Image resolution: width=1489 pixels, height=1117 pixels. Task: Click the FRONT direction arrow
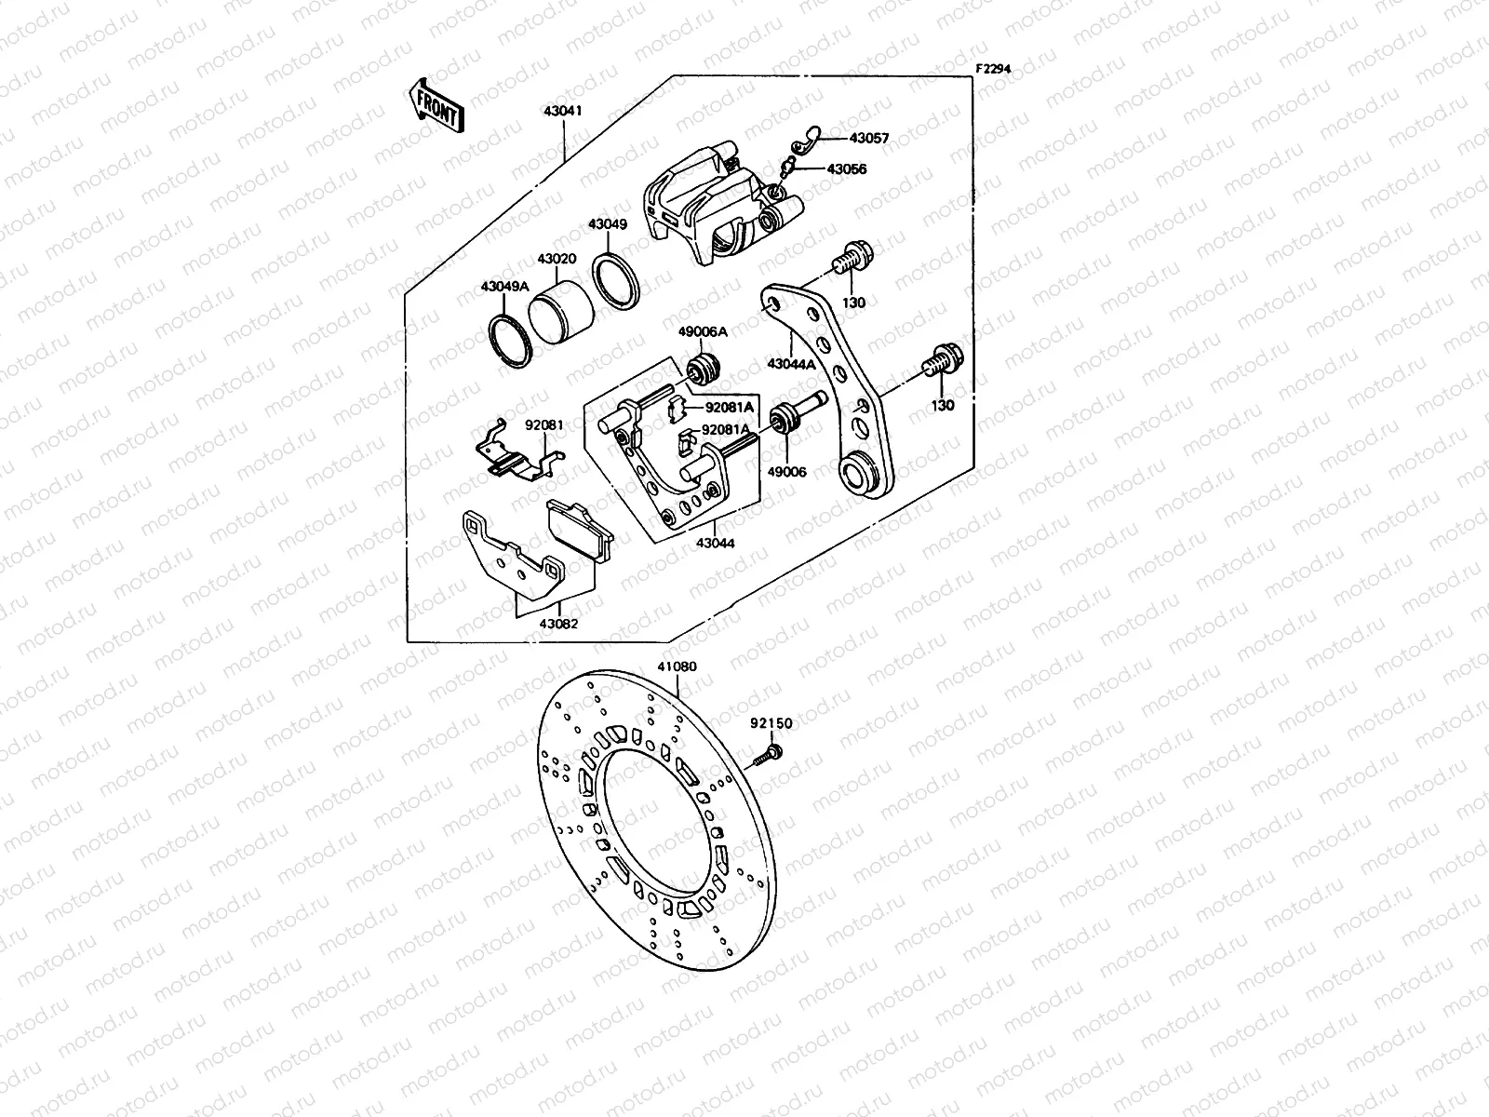pyautogui.click(x=436, y=104)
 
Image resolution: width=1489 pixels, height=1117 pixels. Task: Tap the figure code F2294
pyautogui.click(x=993, y=69)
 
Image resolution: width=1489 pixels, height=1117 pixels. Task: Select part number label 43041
pyautogui.click(x=562, y=110)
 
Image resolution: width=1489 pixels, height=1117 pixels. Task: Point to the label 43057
pyautogui.click(x=868, y=138)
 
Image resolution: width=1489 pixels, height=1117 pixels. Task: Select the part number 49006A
pyautogui.click(x=703, y=331)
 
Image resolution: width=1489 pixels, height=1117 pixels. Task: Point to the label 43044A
pyautogui.click(x=792, y=364)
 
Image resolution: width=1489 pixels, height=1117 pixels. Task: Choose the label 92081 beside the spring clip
pyautogui.click(x=543, y=424)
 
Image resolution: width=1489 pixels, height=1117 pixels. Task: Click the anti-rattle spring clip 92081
pyautogui.click(x=517, y=456)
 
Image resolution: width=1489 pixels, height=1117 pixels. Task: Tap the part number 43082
pyautogui.click(x=557, y=624)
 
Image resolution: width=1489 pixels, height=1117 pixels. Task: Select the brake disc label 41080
pyautogui.click(x=677, y=666)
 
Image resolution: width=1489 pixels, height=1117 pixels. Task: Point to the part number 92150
pyautogui.click(x=771, y=723)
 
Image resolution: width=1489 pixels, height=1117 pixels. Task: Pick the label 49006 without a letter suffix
pyautogui.click(x=786, y=472)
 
